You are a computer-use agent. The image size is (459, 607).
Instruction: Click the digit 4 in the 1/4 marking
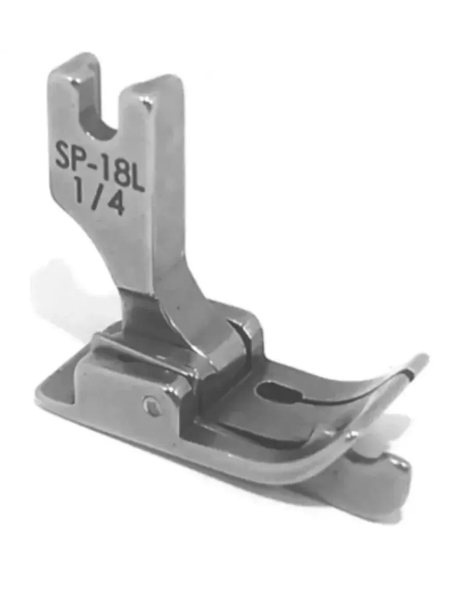pyautogui.click(x=116, y=203)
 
